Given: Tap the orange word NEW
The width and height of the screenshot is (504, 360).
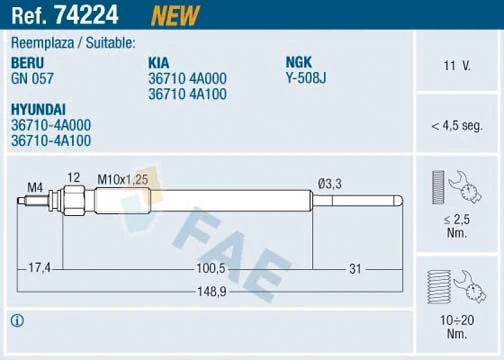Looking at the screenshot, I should tap(174, 15).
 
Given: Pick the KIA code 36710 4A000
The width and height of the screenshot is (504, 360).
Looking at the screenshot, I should tap(187, 77).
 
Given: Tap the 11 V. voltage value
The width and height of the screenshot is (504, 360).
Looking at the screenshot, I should tap(457, 66).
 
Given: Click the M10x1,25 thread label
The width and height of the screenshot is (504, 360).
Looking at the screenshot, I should tap(123, 179).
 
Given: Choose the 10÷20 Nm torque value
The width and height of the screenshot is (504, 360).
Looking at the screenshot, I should tap(457, 324).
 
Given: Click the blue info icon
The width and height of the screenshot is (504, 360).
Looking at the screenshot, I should tap(16, 321).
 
